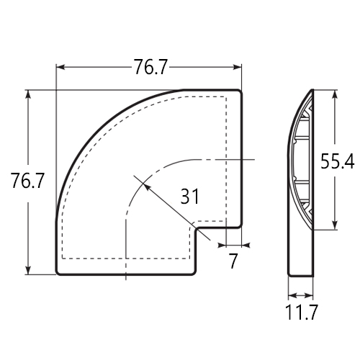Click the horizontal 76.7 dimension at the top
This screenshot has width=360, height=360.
point(150,67)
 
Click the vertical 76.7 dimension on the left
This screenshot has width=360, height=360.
point(27,181)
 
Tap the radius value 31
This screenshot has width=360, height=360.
point(189,196)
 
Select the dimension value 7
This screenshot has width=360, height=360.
point(233,261)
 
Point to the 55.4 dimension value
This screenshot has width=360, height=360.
point(338,161)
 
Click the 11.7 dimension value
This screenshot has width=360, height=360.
point(302,312)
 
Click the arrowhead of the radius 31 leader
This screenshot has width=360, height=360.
point(146,186)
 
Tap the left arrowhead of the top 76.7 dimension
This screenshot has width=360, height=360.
point(60,67)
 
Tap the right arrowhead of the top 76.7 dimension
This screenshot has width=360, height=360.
point(237,67)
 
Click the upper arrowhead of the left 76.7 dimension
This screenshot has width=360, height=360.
point(28,94)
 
